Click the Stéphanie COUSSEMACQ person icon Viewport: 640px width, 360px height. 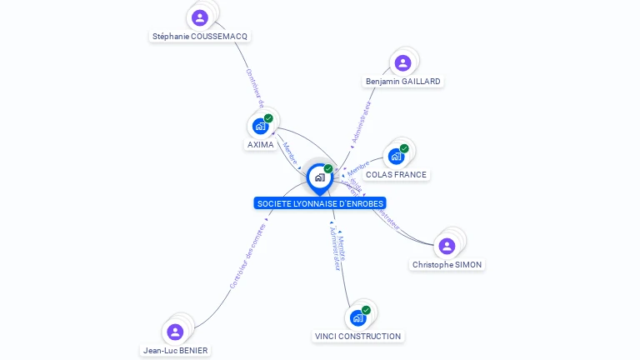coord(199,17)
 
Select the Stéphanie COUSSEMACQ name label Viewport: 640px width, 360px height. coord(200,37)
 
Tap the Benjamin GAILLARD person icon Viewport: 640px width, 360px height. coord(402,63)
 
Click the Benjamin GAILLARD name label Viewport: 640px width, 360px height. coord(403,82)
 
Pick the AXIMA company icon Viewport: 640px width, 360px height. coord(260,127)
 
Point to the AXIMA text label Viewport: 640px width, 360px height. coord(261,145)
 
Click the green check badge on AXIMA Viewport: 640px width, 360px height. coord(268,118)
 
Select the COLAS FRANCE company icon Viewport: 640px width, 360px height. coord(396,157)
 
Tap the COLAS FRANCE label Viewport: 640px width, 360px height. coord(397,175)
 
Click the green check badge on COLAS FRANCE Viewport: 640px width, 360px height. coord(404,148)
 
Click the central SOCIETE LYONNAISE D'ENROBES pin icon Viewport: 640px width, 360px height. coord(319,177)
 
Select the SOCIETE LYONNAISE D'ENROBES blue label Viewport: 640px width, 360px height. coord(320,203)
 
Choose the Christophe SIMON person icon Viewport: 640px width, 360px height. coord(447,246)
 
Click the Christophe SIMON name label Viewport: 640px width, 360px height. coord(447,264)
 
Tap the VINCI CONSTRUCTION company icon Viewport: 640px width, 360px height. coord(357,318)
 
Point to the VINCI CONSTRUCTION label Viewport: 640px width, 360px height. coord(357,337)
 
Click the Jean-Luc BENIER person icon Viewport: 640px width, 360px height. coord(175,332)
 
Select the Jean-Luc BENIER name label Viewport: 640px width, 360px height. coord(175,351)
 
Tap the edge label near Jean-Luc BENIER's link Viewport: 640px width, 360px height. coord(247,256)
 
